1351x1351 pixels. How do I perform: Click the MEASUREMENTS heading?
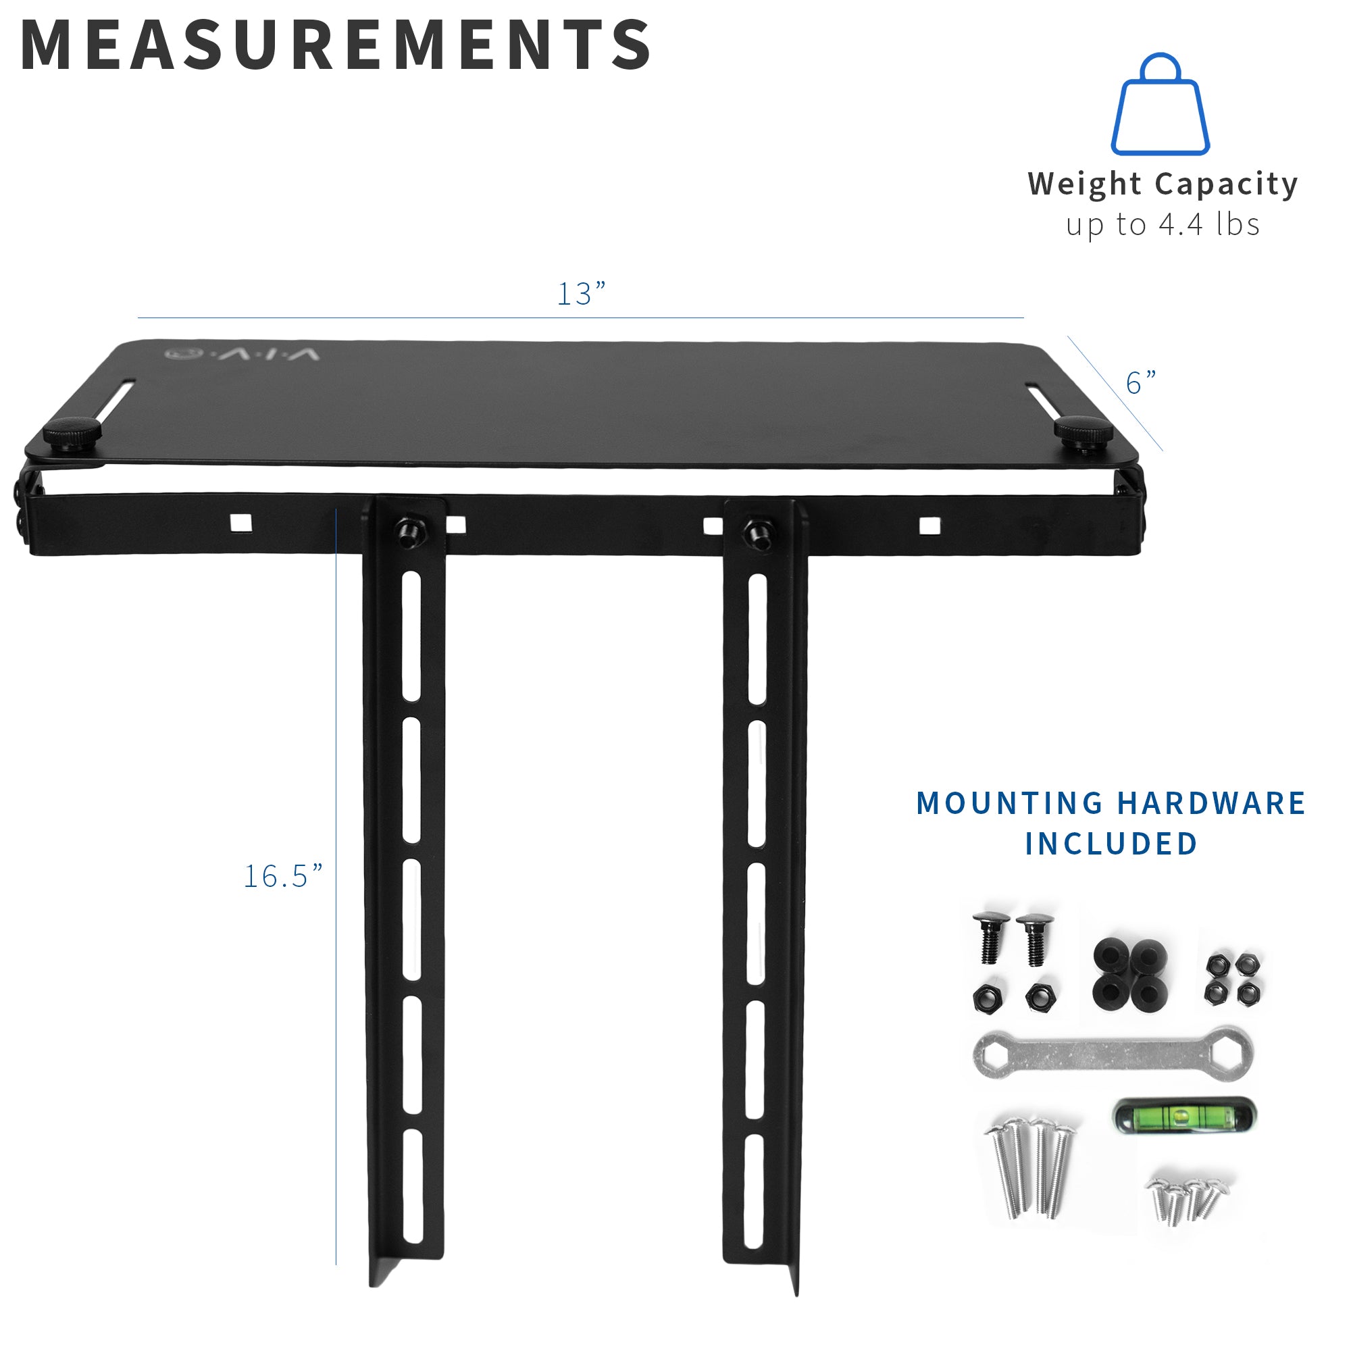[x=336, y=45]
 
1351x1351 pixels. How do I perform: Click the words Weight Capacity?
[x=1162, y=184]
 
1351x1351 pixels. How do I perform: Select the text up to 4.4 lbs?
[x=1162, y=225]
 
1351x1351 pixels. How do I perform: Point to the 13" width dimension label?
[x=580, y=294]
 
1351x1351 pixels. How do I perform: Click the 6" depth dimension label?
[x=1140, y=382]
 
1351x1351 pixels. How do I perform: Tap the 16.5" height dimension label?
[x=282, y=876]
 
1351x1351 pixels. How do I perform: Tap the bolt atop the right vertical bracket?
[x=756, y=533]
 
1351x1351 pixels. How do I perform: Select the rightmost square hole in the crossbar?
[x=929, y=525]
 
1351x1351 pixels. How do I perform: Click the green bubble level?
[x=1184, y=1115]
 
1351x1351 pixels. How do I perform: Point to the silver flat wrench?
[x=1113, y=1055]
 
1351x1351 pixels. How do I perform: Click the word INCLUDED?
[x=1111, y=844]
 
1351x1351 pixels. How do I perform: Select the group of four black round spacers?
[x=1130, y=971]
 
